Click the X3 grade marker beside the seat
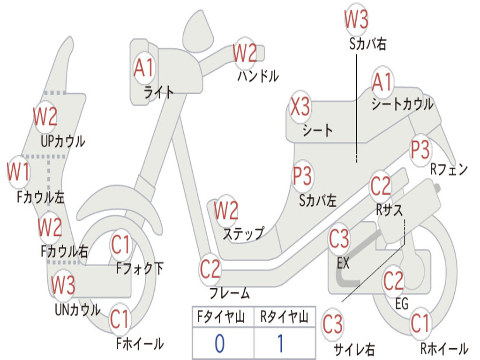(x=300, y=107)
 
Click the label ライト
(x=159, y=92)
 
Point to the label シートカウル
(x=402, y=104)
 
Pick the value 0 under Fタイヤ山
(x=219, y=344)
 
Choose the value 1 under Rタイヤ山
(x=280, y=344)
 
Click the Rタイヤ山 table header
(x=284, y=318)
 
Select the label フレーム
(x=230, y=293)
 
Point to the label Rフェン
(x=449, y=170)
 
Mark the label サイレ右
(x=354, y=349)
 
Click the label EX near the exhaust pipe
(x=343, y=263)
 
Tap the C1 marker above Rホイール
(x=420, y=323)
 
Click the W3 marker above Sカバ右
(x=356, y=19)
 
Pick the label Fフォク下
(x=140, y=268)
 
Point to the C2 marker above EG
(x=393, y=280)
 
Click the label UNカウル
(x=78, y=309)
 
